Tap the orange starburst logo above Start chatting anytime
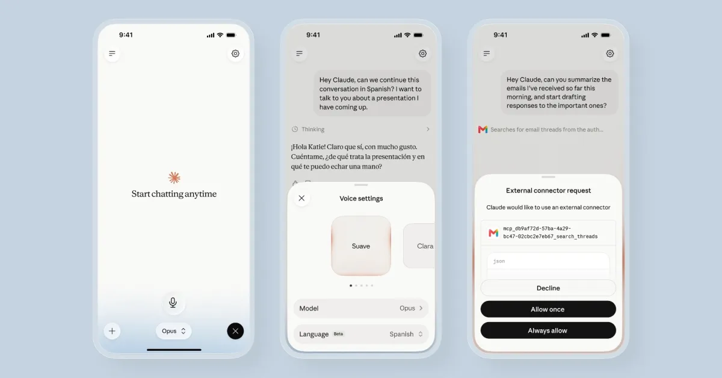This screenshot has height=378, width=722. click(174, 178)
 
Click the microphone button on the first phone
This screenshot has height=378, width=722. click(173, 303)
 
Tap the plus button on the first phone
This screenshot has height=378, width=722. click(112, 331)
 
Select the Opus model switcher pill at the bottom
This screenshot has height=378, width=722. click(174, 331)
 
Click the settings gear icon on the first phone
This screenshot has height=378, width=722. click(235, 54)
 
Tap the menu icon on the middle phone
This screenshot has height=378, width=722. click(300, 54)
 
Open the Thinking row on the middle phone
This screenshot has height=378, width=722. click(360, 129)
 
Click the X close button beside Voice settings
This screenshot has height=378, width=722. click(301, 198)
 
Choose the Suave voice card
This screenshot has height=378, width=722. click(361, 246)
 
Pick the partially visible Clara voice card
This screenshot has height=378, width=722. click(419, 246)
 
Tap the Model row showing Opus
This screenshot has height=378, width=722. click(361, 308)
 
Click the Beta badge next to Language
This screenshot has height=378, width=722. click(338, 334)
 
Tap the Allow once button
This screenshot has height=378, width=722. click(548, 309)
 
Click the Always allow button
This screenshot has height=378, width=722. click(548, 330)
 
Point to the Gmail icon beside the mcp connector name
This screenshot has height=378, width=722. click(493, 232)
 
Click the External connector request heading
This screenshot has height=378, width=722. click(548, 191)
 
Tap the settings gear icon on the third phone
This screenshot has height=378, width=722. click(610, 54)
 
